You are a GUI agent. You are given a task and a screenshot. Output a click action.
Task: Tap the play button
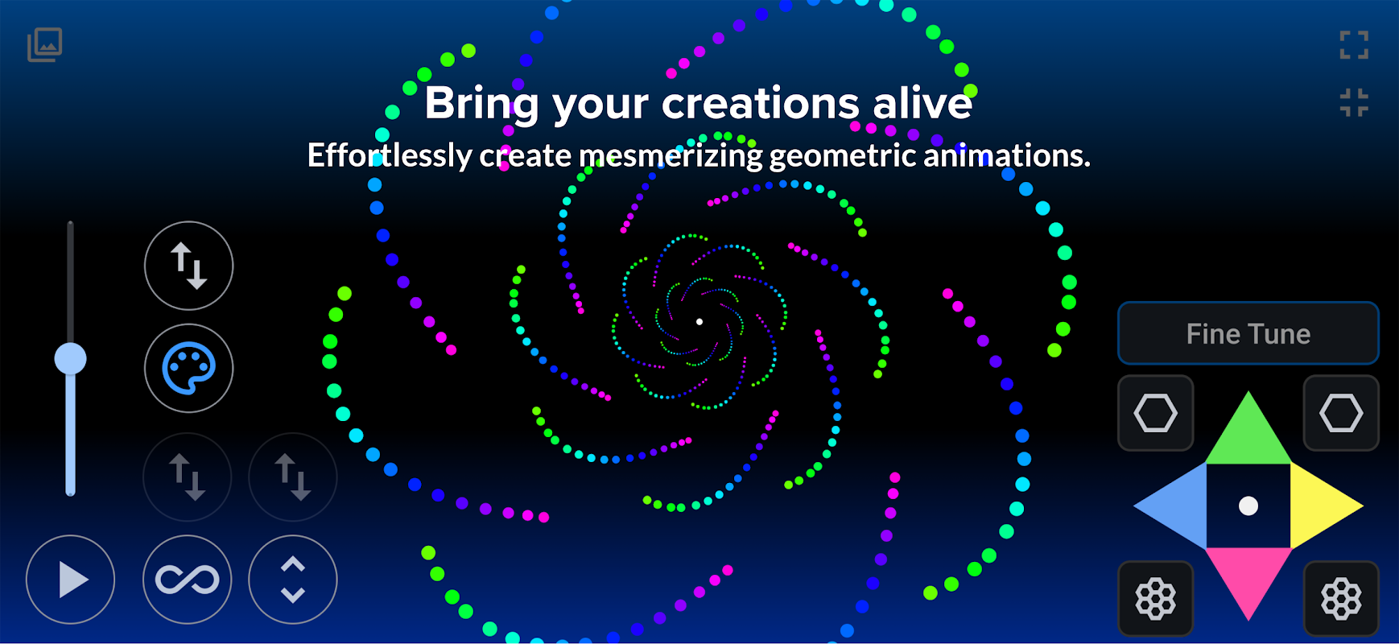point(71,580)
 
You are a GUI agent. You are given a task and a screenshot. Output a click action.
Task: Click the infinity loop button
point(188,580)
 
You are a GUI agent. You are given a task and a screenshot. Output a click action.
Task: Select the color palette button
point(189,369)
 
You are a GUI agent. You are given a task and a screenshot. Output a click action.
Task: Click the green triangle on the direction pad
point(1248,435)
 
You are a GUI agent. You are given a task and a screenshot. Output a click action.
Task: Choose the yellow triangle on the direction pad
point(1320,506)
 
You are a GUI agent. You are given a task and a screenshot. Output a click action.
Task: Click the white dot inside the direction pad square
point(1248,506)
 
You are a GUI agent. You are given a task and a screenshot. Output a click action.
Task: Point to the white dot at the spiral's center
point(699,322)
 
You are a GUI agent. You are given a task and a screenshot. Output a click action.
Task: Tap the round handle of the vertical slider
point(71,358)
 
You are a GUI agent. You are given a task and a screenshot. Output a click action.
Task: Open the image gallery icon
point(45,44)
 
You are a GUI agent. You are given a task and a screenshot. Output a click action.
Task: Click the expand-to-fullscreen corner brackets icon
point(1354,45)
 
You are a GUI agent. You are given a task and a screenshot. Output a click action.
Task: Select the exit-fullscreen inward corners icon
point(1354,103)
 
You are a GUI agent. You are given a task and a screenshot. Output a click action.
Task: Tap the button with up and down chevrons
point(293,580)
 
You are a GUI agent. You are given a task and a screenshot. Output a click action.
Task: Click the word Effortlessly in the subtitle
point(390,155)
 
